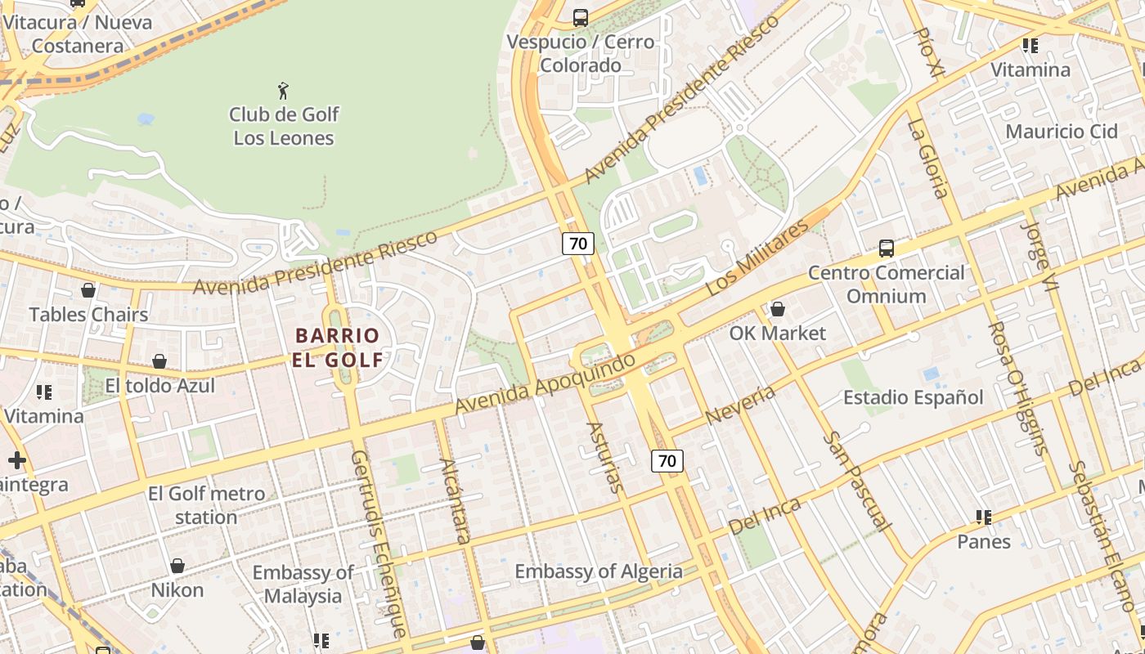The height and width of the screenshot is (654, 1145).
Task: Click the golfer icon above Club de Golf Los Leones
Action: point(283,91)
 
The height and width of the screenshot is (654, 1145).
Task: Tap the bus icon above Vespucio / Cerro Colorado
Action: point(581,17)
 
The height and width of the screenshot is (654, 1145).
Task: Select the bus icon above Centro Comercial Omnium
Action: point(886,248)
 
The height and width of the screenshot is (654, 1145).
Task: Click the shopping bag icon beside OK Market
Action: point(778,309)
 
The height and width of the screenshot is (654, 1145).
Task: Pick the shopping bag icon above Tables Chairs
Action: point(88,290)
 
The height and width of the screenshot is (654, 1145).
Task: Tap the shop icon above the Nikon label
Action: point(177,566)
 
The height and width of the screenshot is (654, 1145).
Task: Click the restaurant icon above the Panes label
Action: point(984,517)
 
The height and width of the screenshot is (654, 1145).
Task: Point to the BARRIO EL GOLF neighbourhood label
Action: point(338,347)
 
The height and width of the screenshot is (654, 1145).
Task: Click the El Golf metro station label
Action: point(206,505)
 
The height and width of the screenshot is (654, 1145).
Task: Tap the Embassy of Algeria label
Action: point(598,571)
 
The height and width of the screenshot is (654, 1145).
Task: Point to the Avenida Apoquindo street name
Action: point(545,383)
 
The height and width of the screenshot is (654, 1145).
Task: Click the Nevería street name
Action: point(739,405)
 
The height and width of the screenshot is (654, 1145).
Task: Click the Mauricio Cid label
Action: point(1061,132)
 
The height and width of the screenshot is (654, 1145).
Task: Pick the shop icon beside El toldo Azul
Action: point(159,361)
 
